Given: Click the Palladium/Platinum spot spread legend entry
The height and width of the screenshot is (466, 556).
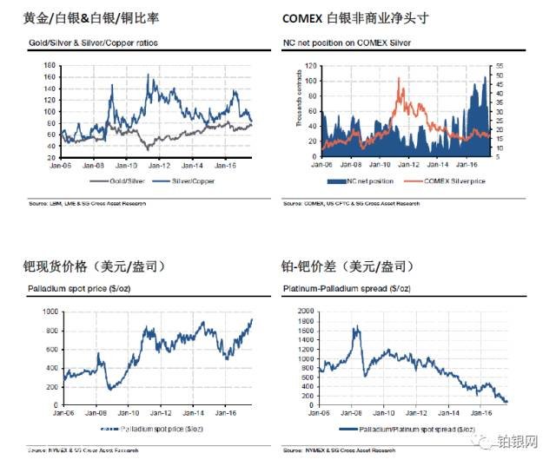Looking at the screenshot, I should [414, 429].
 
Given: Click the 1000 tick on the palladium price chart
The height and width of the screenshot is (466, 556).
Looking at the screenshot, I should [50, 311].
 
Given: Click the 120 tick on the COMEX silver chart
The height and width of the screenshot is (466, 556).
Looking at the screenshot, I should [309, 66].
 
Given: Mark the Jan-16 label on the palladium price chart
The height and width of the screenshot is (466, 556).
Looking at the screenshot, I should [225, 413].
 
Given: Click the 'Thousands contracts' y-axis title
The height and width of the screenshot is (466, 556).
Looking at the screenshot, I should [298, 104].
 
